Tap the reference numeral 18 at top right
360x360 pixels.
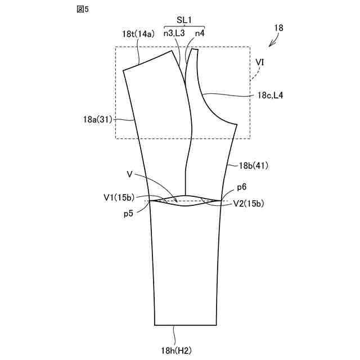click(x=280, y=28)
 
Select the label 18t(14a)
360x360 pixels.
click(x=138, y=34)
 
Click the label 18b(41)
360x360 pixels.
click(x=254, y=165)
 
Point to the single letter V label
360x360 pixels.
click(x=130, y=175)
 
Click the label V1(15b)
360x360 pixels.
click(x=119, y=197)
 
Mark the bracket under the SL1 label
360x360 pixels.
click(x=184, y=26)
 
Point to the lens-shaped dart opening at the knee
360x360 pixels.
click(x=186, y=201)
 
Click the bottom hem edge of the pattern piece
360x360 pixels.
click(x=186, y=325)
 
